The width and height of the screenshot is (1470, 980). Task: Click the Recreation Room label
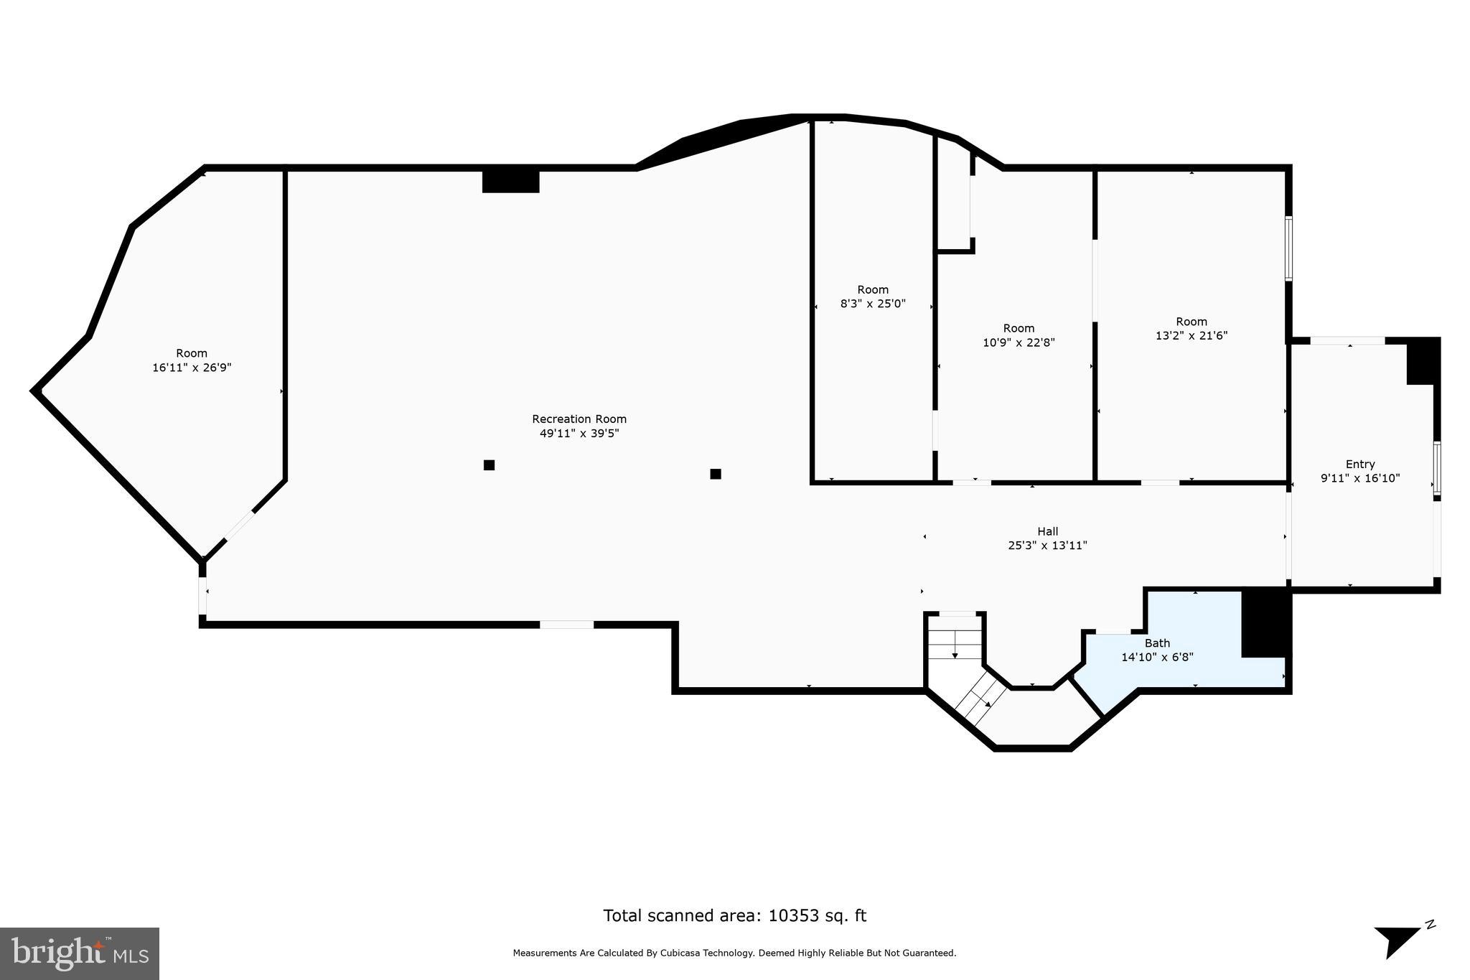coord(579,419)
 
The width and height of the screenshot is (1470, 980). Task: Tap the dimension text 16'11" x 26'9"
coord(192,368)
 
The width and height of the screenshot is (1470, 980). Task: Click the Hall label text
coord(1047,532)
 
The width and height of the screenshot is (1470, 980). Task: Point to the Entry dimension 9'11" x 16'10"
coord(1359,478)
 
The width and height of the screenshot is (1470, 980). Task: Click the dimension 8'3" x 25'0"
coord(873,304)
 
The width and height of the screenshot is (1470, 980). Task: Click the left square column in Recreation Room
coord(489,465)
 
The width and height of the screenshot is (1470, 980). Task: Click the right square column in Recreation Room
coord(715,474)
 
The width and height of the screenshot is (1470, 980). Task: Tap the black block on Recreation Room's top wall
coord(510,180)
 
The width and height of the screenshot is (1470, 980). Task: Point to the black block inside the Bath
coord(1265,622)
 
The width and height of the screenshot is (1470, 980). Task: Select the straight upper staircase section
coord(955,643)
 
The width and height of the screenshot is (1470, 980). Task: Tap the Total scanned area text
coord(734,915)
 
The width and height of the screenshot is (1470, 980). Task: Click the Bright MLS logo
coord(79,953)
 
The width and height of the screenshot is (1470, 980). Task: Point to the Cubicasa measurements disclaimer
coord(734,953)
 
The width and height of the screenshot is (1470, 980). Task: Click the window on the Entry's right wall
coord(1436,468)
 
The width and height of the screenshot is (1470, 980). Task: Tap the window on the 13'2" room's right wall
coord(1288,248)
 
